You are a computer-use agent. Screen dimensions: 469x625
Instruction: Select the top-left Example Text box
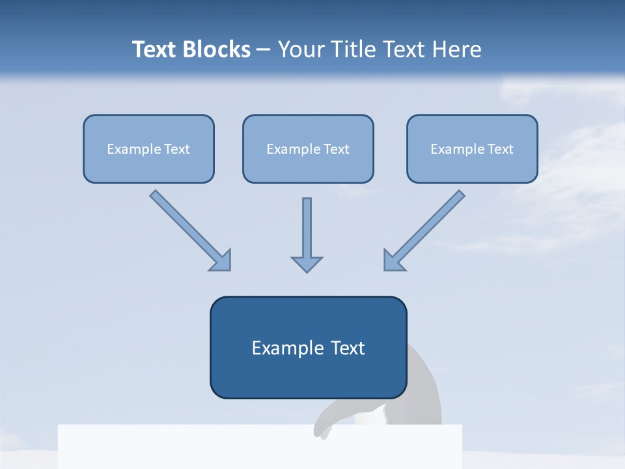click(148, 149)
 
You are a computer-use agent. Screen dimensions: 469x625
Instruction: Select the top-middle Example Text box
click(308, 149)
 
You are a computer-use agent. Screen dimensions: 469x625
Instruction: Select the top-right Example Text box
click(472, 149)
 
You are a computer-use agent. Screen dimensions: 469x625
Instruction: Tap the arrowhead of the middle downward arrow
click(307, 264)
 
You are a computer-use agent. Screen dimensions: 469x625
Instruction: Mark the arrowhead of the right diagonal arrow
click(393, 261)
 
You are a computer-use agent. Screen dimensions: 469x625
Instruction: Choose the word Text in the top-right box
click(501, 149)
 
